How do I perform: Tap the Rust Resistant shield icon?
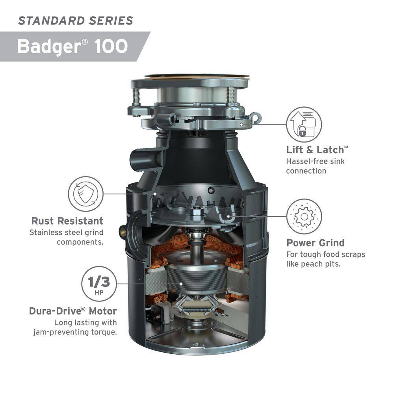tap(85, 194)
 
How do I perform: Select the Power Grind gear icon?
tap(304, 216)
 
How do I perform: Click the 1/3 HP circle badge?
tap(99, 284)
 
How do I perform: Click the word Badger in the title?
tap(49, 46)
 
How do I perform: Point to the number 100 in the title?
tap(111, 46)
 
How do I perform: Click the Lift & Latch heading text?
tap(317, 150)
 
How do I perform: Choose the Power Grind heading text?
tap(315, 243)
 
